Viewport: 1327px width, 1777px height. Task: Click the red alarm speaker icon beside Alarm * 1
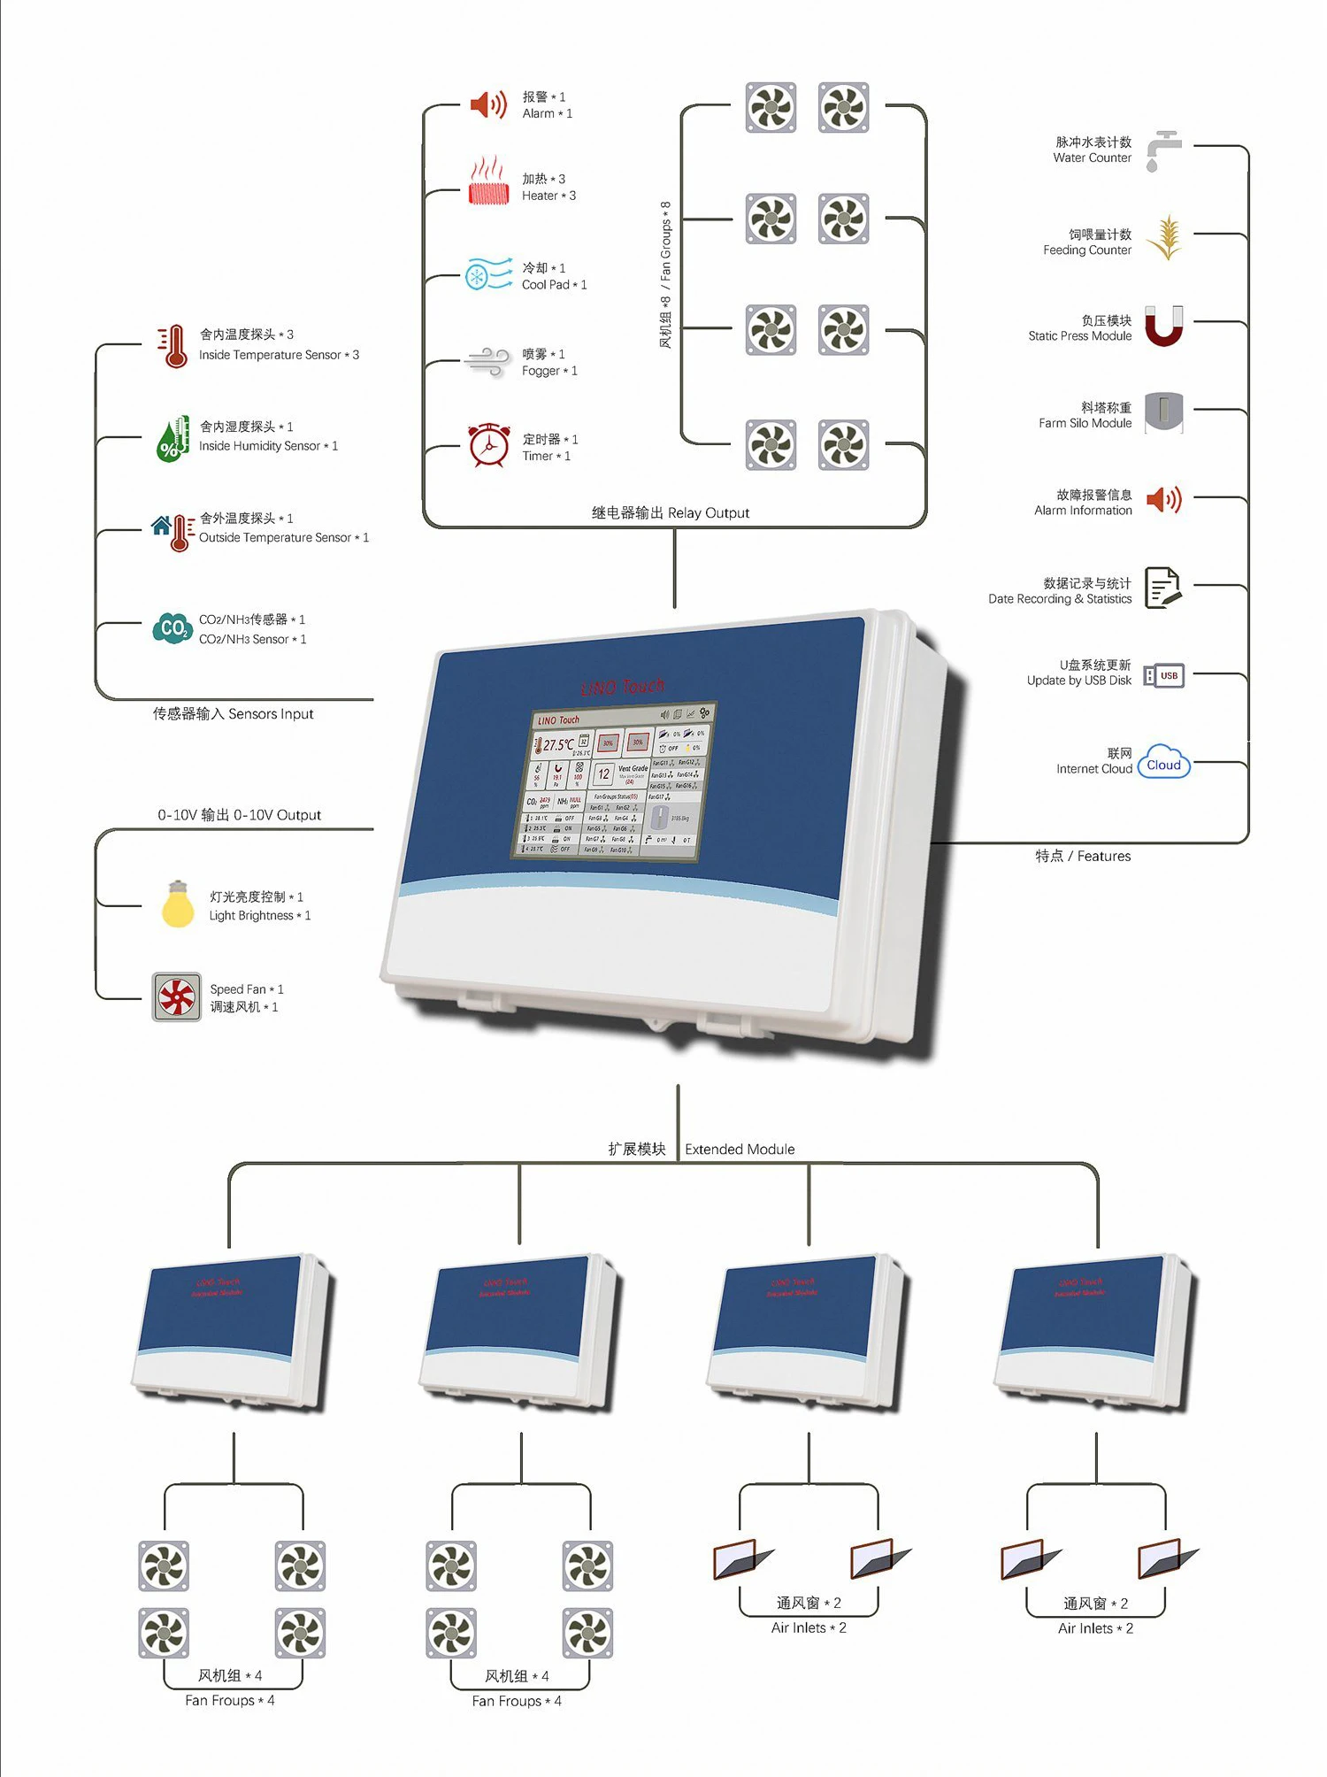click(x=487, y=104)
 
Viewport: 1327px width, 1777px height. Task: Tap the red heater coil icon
click(x=488, y=182)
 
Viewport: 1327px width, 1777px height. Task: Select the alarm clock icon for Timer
click(x=488, y=444)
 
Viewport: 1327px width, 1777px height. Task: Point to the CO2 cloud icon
click(x=173, y=628)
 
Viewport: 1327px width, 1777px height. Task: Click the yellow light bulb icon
click(x=178, y=904)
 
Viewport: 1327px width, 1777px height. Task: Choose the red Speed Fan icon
click(x=177, y=997)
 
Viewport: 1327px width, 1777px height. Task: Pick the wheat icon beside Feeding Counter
click(x=1165, y=237)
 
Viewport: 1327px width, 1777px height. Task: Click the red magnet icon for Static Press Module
click(x=1163, y=326)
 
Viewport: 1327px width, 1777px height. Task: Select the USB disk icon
click(x=1163, y=675)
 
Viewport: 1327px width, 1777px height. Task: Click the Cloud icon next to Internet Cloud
click(x=1163, y=762)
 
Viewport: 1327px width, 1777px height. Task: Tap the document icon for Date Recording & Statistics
click(x=1162, y=588)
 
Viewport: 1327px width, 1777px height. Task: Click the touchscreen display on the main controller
click(x=616, y=782)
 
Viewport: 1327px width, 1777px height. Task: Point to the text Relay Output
click(x=709, y=513)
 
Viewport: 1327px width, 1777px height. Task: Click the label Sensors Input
click(x=271, y=714)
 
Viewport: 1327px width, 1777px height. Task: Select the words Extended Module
click(x=740, y=1150)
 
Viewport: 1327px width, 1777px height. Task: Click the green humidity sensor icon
click(x=173, y=438)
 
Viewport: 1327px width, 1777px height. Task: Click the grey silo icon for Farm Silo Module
click(x=1163, y=412)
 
